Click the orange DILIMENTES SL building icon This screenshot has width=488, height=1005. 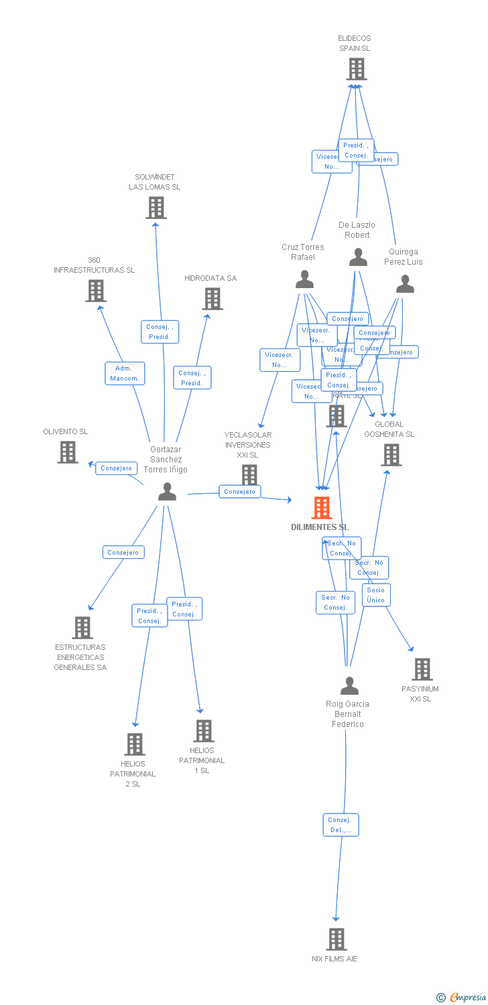tap(322, 508)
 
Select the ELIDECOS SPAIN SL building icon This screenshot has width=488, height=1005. tap(356, 68)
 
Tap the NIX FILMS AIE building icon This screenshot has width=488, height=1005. tap(336, 939)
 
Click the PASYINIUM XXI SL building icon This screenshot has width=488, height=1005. tap(422, 669)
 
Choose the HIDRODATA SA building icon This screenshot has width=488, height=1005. tap(212, 299)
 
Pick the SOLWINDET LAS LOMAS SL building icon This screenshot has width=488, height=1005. tap(156, 208)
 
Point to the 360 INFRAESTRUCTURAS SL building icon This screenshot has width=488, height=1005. tap(96, 291)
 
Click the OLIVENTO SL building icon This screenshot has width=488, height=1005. tap(67, 452)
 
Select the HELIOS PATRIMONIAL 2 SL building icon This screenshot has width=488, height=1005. tap(135, 744)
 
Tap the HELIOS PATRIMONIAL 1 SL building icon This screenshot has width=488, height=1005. tap(203, 730)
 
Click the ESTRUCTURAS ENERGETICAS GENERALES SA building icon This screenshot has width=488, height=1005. tap(82, 628)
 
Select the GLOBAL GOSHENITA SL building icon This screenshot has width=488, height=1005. tap(391, 455)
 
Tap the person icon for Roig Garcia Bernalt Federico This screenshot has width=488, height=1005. tap(349, 686)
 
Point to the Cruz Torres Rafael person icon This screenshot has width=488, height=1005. tap(304, 279)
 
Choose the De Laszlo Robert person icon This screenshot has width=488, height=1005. tap(359, 257)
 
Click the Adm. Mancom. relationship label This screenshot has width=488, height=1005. tap(125, 373)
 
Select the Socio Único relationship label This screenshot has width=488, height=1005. tap(376, 595)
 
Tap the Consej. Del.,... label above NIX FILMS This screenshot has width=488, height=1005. tap(341, 825)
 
